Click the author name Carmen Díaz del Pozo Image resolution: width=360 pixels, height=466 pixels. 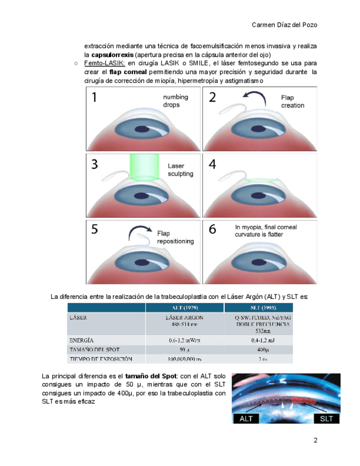click(x=284, y=25)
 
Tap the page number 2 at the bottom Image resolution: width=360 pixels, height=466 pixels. click(x=315, y=440)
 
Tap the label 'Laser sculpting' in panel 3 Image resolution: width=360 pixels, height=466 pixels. click(x=180, y=169)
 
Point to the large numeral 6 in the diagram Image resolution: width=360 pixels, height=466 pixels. click(x=212, y=229)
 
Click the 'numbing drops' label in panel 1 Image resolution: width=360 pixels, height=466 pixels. click(x=175, y=101)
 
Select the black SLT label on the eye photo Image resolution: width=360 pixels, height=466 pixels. click(x=326, y=418)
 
